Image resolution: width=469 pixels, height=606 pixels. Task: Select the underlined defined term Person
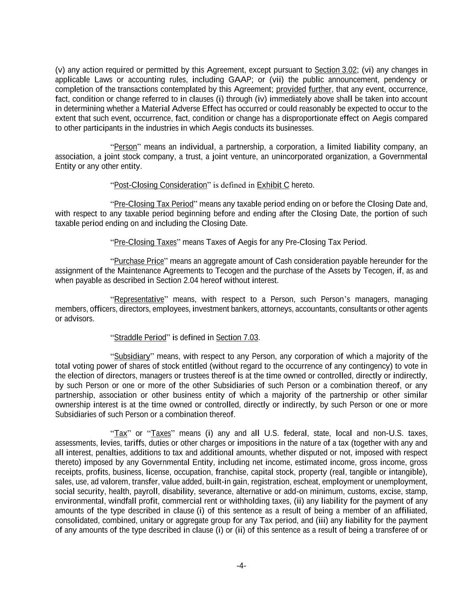pos(125,147)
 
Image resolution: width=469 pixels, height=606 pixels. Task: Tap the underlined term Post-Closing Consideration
pos(160,185)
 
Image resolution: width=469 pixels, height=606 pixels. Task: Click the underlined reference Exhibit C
pos(273,185)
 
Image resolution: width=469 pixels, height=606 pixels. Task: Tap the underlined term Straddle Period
pos(140,337)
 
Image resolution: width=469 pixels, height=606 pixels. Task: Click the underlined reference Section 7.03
pos(237,337)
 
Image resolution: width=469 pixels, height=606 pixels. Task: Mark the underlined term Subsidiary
pos(132,356)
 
